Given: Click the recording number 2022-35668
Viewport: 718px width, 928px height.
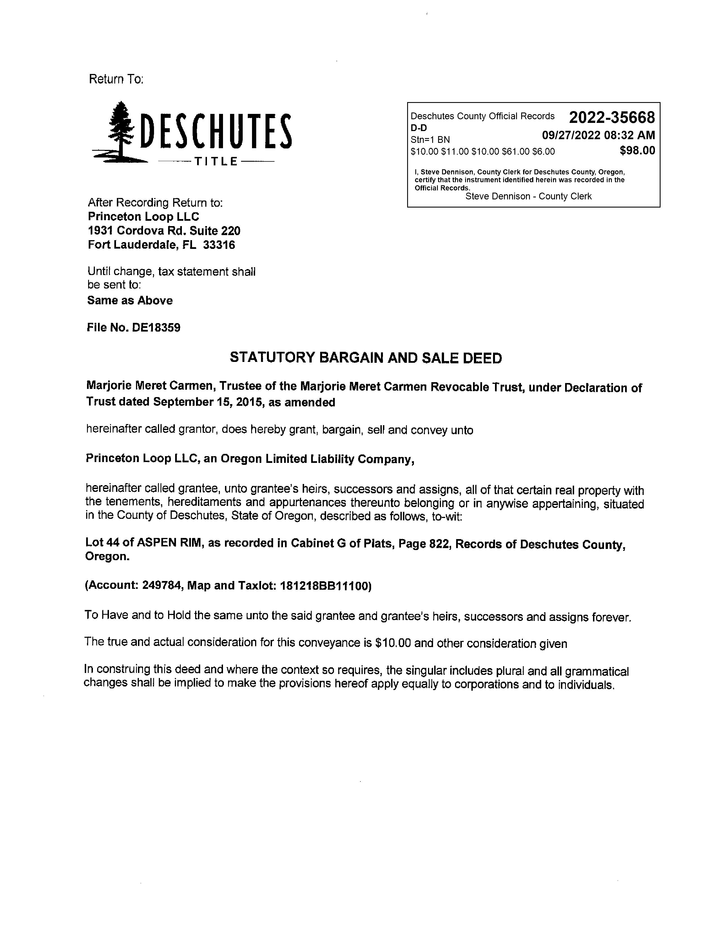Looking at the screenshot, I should pyautogui.click(x=612, y=117).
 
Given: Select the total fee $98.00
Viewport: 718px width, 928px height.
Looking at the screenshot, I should pyautogui.click(x=637, y=150).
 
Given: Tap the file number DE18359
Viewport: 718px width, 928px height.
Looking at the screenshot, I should pyautogui.click(x=156, y=328).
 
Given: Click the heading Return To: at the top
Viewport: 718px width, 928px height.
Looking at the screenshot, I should pyautogui.click(x=116, y=79).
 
